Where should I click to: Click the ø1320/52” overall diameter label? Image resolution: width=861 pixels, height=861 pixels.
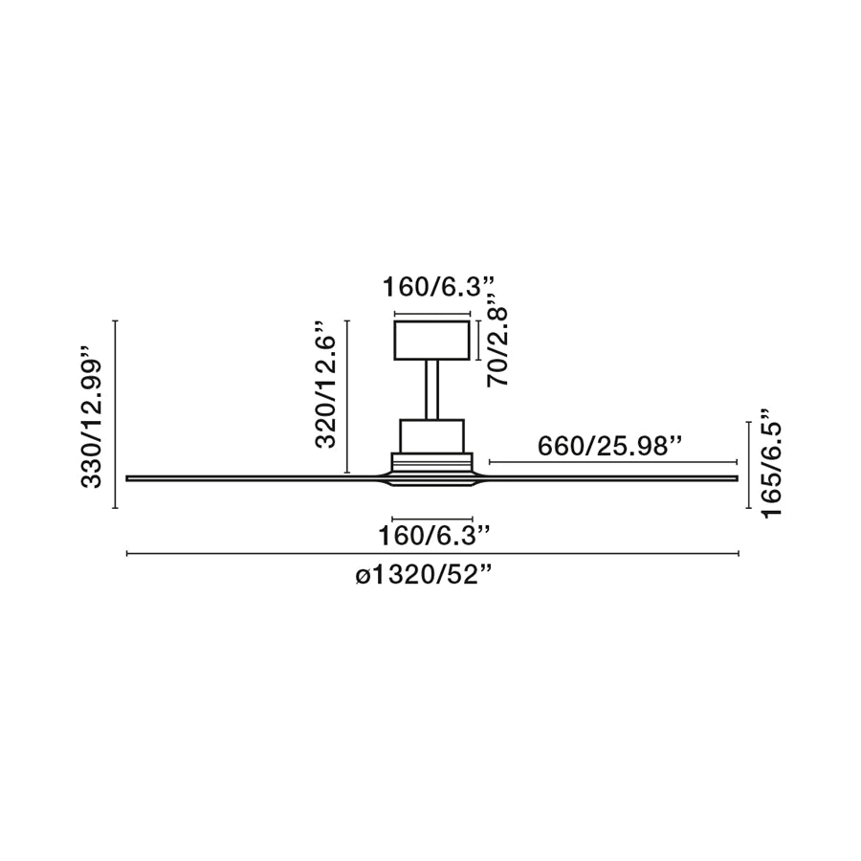(423, 575)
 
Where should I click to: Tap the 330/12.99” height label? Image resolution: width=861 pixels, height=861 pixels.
(92, 417)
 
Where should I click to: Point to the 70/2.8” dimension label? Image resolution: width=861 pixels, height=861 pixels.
(497, 347)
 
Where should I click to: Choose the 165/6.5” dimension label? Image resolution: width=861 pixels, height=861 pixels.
(770, 471)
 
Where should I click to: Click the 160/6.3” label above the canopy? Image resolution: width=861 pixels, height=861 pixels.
(439, 287)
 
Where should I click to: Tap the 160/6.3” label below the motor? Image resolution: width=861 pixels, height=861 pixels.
(433, 536)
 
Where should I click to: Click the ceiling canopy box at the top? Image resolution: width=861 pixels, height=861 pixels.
(432, 341)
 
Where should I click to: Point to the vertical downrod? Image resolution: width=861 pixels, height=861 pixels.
(431, 390)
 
